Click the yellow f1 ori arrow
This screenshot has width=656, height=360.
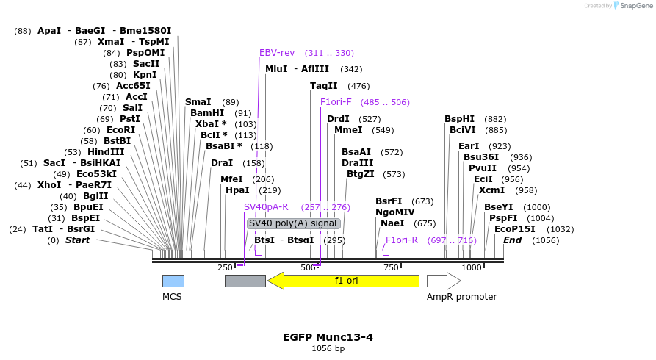tap(343, 281)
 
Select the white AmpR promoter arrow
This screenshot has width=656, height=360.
tap(444, 281)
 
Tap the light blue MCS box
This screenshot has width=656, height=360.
tap(173, 281)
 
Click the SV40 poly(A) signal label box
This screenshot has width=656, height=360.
tap(293, 223)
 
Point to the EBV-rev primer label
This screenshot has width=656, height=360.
tap(277, 53)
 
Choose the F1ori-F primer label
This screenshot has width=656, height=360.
tap(336, 102)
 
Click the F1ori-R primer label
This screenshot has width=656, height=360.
tap(402, 240)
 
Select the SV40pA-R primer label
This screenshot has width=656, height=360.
tap(266, 207)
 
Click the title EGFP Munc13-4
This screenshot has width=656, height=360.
tap(328, 337)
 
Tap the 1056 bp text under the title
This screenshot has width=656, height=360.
tap(328, 348)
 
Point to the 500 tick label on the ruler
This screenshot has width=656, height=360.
tap(309, 267)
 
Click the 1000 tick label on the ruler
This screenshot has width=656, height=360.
tap(472, 267)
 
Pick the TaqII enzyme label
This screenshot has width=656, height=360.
tap(323, 86)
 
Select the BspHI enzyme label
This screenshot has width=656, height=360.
tap(460, 119)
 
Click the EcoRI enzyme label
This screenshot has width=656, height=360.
tap(120, 130)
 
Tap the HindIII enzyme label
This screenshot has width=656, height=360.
tap(106, 152)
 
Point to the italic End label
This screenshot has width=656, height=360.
tap(512, 240)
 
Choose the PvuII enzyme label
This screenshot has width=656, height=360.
tap(483, 168)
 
